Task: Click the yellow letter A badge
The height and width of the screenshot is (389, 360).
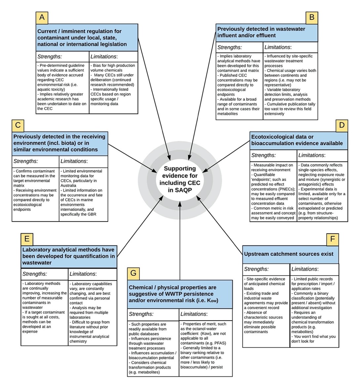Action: tap(42, 18)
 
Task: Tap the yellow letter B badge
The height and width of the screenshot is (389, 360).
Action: tap(311, 17)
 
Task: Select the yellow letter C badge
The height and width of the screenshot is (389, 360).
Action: tap(18, 125)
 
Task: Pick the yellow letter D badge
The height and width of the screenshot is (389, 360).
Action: tap(342, 125)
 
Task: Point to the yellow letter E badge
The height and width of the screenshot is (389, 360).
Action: tap(27, 238)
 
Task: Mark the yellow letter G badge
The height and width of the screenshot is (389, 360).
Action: tap(134, 273)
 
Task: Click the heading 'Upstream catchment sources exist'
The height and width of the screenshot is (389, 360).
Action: tap(289, 254)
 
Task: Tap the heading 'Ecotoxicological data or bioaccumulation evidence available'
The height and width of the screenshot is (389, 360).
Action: tap(297, 140)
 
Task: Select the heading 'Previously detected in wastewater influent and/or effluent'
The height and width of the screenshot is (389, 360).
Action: tap(261, 32)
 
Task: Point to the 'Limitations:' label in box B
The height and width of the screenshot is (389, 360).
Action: tap(278, 47)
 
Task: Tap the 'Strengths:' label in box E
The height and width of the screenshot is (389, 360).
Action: tap(34, 274)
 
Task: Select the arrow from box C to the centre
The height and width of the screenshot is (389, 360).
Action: tap(132, 158)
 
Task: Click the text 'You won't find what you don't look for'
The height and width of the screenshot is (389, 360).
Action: tap(313, 339)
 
